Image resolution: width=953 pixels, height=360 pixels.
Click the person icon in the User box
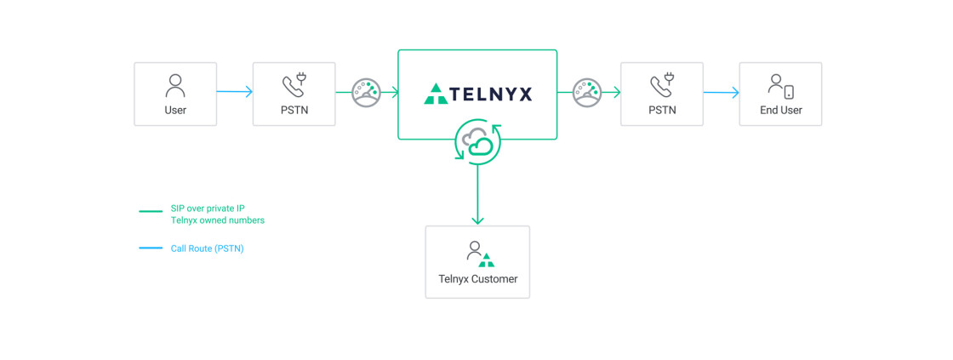tap(175, 85)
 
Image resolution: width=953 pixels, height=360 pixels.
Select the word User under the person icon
tap(175, 110)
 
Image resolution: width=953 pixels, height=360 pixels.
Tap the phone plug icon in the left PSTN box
tap(294, 85)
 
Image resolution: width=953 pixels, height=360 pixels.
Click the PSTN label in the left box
tap(294, 110)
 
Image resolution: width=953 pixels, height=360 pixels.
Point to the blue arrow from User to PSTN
tap(235, 92)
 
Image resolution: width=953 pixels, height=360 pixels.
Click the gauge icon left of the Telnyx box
tap(367, 92)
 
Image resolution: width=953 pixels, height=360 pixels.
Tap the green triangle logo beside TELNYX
tap(436, 94)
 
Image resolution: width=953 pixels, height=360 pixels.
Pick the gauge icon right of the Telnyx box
tap(587, 92)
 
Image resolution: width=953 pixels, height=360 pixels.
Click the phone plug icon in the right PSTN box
tap(662, 85)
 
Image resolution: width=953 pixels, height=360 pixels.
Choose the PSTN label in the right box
tap(662, 110)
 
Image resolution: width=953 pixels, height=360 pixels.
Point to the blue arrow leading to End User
tap(722, 93)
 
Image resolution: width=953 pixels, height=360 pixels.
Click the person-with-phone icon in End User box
tap(780, 86)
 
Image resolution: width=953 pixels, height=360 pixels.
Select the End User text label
tap(780, 110)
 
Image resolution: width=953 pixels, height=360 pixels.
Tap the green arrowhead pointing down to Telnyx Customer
tap(477, 220)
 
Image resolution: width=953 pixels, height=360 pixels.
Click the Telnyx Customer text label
tap(477, 279)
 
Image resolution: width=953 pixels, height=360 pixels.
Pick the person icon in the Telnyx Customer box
tap(475, 251)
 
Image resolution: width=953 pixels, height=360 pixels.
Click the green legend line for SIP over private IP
tap(151, 212)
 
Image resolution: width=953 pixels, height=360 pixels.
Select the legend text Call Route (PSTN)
tap(207, 249)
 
